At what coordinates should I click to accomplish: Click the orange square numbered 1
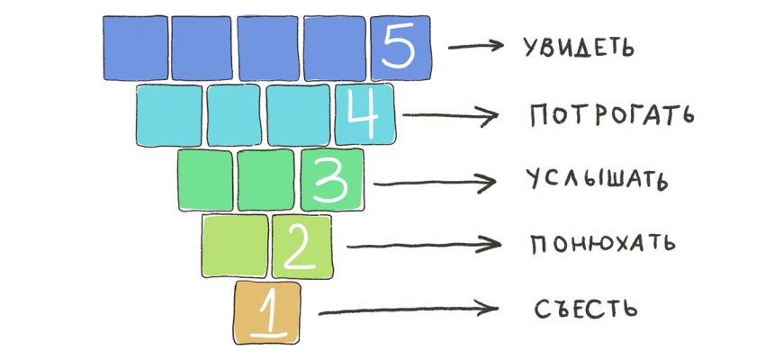pos(267,312)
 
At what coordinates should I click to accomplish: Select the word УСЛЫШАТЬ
pos(595,180)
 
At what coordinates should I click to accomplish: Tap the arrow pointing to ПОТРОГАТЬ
pos(449,115)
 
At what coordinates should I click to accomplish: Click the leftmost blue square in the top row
pos(134,48)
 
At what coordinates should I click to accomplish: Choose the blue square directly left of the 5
pos(334,48)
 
